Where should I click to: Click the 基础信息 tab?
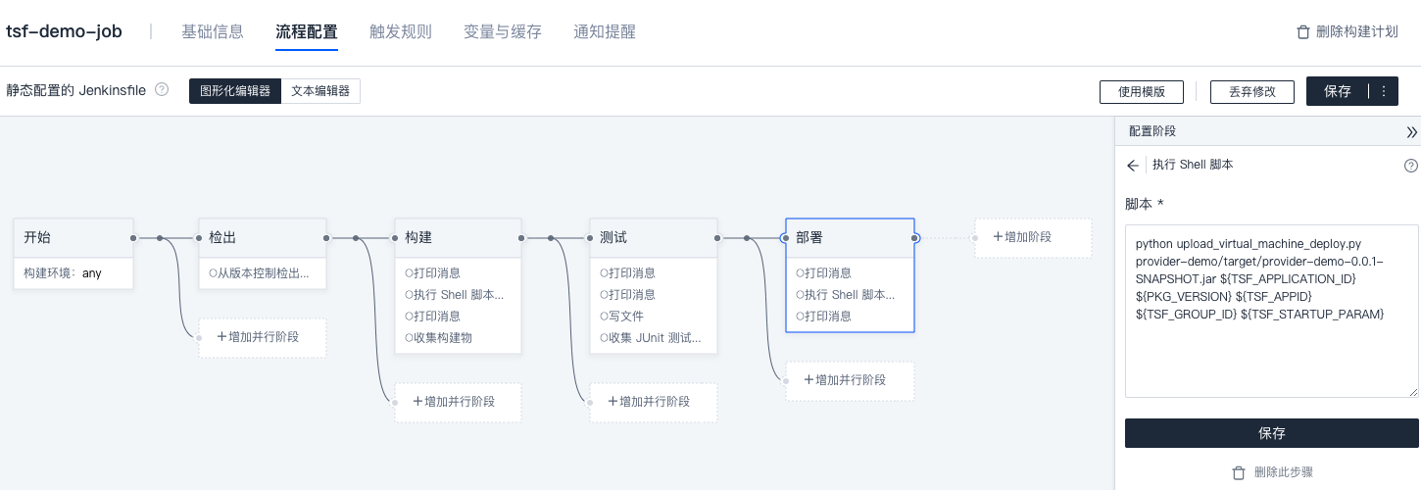point(212,31)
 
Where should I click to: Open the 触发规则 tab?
point(400,31)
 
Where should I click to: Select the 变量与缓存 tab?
point(502,31)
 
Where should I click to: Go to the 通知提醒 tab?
point(604,31)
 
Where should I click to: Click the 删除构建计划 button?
point(1347,31)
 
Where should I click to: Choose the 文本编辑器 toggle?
point(321,91)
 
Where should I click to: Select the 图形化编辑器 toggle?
point(235,91)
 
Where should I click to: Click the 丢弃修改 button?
point(1251,91)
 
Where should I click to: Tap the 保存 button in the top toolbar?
point(1337,91)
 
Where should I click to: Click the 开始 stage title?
point(39,237)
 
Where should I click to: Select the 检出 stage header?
point(223,237)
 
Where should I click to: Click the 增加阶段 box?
point(1032,237)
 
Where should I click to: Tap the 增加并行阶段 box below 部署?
point(850,380)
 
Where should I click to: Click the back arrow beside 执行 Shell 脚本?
point(1133,165)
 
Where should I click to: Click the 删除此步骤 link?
point(1271,472)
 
